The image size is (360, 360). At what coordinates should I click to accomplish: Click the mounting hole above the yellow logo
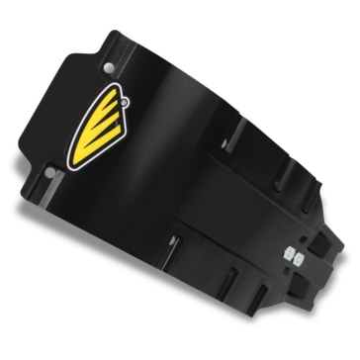pyautogui.click(x=108, y=68)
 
